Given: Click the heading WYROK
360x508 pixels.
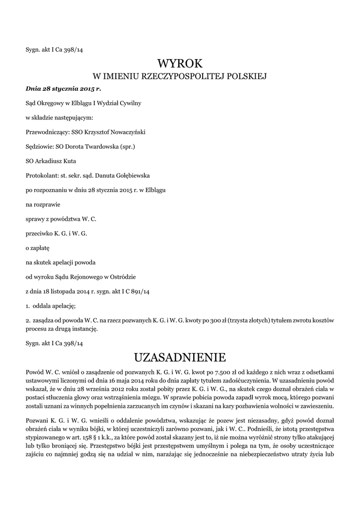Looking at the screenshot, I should (180, 63).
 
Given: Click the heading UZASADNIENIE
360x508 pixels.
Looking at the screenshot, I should (180, 357).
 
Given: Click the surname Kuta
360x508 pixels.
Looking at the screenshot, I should (68, 161).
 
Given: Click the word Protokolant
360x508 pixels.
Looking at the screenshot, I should (42, 175).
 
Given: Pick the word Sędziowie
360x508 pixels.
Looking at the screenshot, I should (39, 146).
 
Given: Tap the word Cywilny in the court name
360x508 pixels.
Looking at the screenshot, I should (129, 103).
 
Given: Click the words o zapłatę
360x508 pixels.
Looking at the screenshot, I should (38, 247).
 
